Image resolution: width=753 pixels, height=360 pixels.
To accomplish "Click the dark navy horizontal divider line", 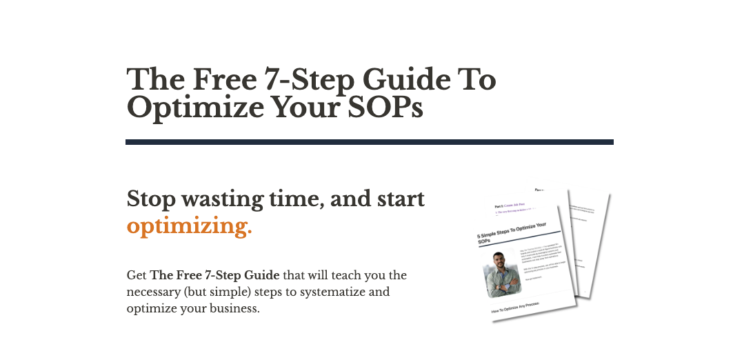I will (x=369, y=142).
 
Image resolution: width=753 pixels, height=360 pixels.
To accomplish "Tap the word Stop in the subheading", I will (x=151, y=199).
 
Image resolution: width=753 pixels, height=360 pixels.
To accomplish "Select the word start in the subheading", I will (x=399, y=199).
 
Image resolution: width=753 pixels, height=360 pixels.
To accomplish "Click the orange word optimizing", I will (x=189, y=226).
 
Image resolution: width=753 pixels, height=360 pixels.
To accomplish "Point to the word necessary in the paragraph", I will (x=154, y=292).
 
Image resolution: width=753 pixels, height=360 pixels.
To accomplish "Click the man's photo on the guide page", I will (x=502, y=274).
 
